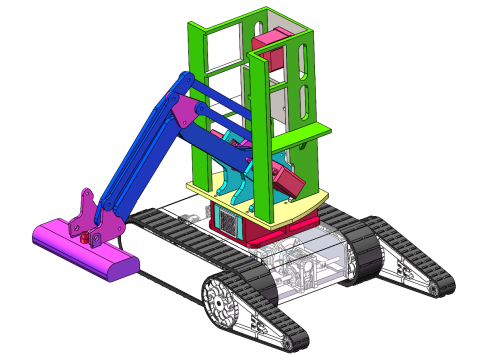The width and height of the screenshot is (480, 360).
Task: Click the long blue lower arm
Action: coord(140,160)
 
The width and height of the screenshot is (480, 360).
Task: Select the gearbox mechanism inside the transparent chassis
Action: coord(300,270)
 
